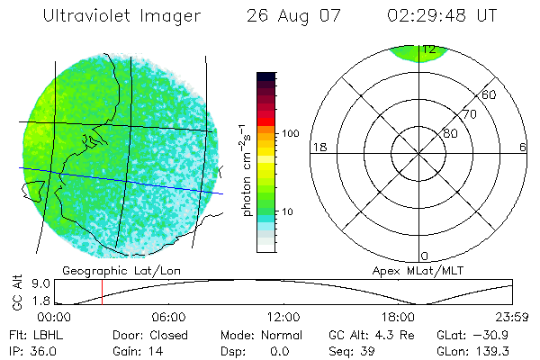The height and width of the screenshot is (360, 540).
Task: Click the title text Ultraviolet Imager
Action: click(122, 16)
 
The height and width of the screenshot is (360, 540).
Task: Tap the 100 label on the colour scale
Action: click(290, 133)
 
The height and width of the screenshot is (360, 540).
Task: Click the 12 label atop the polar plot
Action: click(434, 49)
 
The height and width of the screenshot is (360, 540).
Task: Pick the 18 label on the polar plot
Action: click(318, 148)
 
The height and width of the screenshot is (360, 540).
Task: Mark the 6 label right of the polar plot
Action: click(522, 148)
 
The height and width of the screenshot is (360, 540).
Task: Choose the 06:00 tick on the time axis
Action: click(168, 317)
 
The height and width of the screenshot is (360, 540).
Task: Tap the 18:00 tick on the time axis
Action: click(397, 317)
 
